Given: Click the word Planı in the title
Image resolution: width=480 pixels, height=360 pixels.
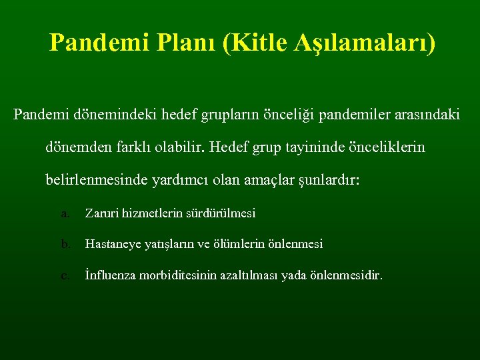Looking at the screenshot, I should click(182, 43).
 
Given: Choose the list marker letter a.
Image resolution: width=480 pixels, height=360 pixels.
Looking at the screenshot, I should click(65, 214).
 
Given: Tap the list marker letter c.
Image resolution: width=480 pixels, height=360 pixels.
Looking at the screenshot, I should click(65, 275).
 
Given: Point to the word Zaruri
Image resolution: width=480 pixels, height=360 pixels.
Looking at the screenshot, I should click(101, 214).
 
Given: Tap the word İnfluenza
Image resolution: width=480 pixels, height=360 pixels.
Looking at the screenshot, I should click(111, 275).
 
